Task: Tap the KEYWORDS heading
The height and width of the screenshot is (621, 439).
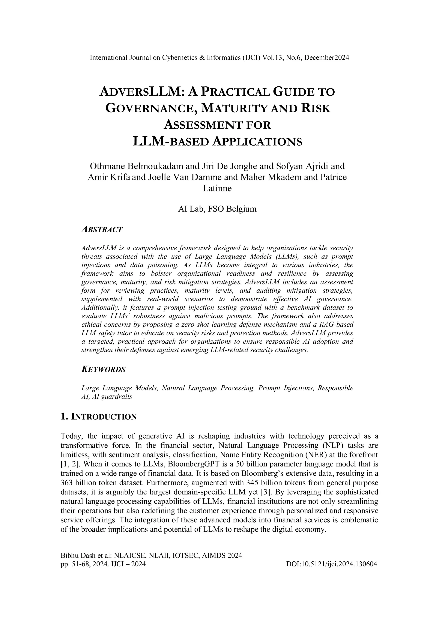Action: (103, 370)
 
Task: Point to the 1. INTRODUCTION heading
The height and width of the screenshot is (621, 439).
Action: (99, 417)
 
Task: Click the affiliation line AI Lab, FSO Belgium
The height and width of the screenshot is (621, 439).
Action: (217, 209)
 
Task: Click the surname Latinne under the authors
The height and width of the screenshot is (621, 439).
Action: (217, 188)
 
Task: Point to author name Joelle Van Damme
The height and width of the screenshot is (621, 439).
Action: (193, 177)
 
